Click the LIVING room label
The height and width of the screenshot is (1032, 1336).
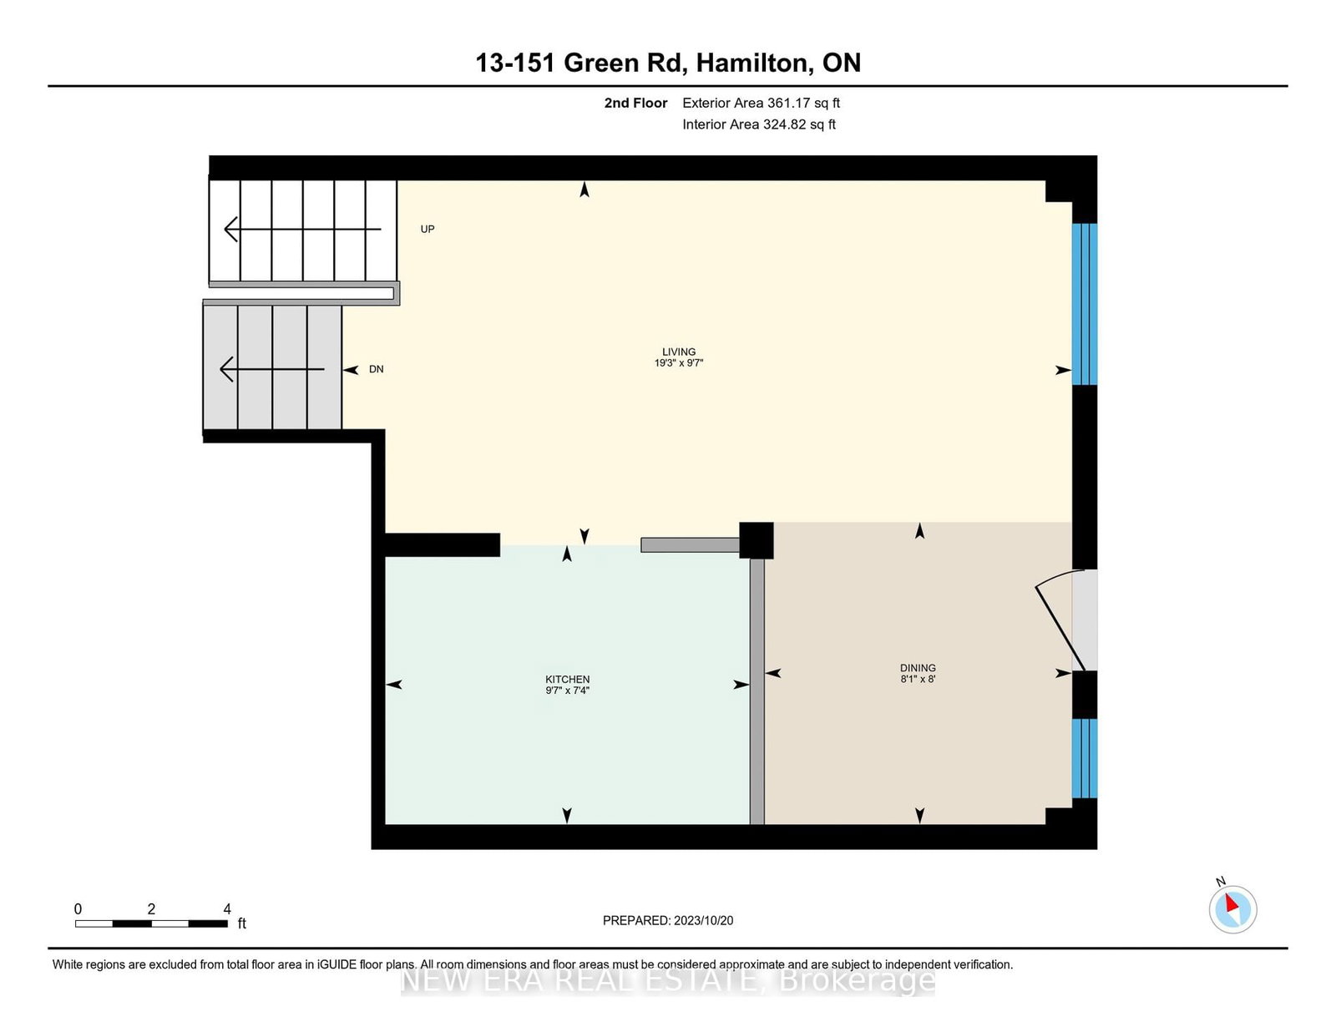click(x=678, y=352)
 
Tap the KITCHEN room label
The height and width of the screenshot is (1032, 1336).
click(x=568, y=679)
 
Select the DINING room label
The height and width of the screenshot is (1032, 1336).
click(x=918, y=668)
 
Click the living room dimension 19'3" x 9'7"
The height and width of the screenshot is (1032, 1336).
click(x=678, y=362)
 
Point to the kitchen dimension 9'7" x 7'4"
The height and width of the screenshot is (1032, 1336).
click(x=568, y=691)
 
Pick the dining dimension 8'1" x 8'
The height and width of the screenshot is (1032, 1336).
click(x=918, y=679)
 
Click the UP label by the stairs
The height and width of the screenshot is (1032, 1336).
click(x=428, y=230)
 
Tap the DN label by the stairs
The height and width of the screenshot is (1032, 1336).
click(x=377, y=369)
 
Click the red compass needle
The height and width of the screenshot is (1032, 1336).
click(x=1232, y=903)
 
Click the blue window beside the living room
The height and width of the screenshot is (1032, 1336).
click(x=1085, y=304)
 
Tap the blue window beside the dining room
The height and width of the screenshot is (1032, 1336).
click(x=1085, y=758)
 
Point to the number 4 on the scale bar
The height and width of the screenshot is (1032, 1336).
click(x=227, y=909)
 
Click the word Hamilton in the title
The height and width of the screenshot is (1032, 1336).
click(x=752, y=63)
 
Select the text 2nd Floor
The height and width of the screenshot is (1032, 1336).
click(x=635, y=104)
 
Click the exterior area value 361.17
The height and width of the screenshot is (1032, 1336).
click(x=787, y=104)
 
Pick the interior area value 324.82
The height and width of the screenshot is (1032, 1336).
click(x=784, y=124)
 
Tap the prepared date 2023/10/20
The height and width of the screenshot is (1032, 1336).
click(x=703, y=921)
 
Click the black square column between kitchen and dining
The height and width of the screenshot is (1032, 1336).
click(x=757, y=540)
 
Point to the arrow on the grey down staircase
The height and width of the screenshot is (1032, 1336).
click(x=271, y=369)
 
